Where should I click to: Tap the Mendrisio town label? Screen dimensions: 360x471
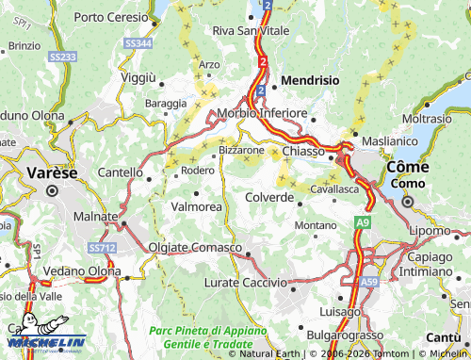(x=310, y=81)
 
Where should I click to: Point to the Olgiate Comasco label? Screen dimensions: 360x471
(x=195, y=247)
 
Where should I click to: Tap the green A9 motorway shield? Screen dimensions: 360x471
(x=363, y=221)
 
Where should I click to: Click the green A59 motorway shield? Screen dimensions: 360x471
(x=370, y=281)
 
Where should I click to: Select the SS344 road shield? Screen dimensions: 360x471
(x=138, y=43)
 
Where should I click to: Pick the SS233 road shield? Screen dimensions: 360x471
(x=62, y=57)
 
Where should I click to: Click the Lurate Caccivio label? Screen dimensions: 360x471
(x=245, y=282)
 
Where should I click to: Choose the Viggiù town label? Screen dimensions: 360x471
(x=138, y=75)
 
